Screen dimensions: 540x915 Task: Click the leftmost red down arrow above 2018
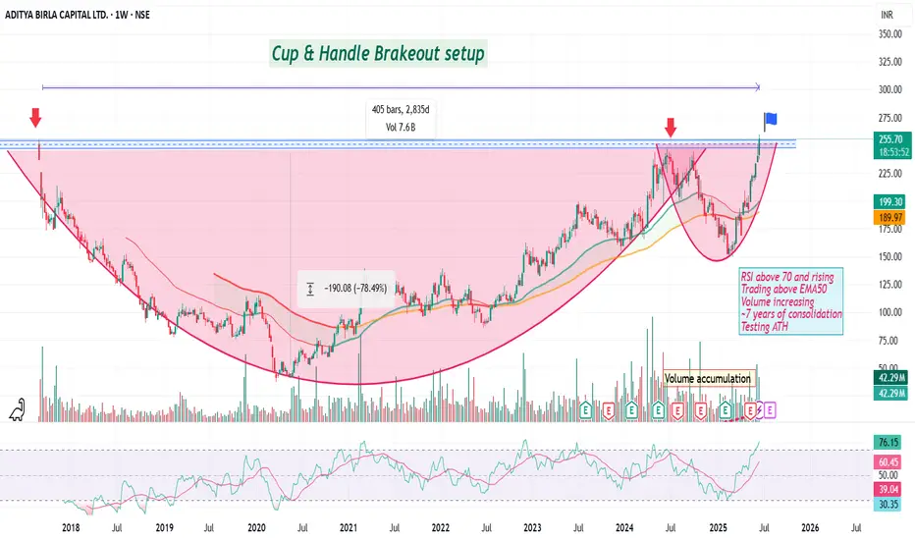coord(35,118)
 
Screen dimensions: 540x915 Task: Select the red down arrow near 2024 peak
coord(671,127)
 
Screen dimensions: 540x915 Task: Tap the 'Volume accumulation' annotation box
coord(708,378)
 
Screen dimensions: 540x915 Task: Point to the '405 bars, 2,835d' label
coord(392,110)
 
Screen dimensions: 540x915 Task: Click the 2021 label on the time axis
coord(349,527)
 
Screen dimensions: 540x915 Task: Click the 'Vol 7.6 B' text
coord(392,127)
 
